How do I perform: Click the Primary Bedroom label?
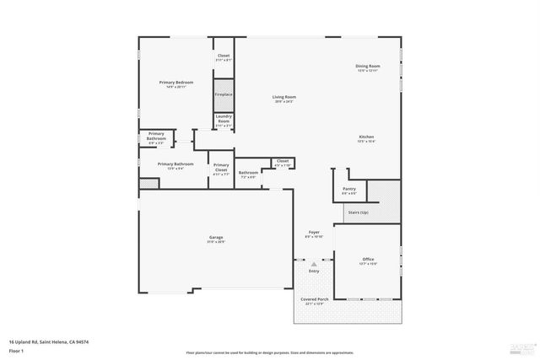coord(176,82)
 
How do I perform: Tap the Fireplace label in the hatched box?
coord(223,95)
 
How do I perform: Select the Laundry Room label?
coord(223,120)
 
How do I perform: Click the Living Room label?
coord(283,97)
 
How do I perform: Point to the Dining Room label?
coord(368,66)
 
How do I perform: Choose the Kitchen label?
coord(366,137)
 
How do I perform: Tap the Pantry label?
coord(348,189)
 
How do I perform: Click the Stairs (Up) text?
coord(358,212)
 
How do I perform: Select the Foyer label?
coord(313,232)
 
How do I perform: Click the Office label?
coord(368,259)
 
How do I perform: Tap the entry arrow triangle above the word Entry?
coord(314,264)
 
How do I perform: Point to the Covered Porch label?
coord(314,299)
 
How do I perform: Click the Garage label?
coord(216,238)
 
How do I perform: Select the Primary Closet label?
coord(220,167)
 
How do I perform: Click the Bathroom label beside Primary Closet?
coord(248,173)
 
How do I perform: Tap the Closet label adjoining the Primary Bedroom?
coord(223,56)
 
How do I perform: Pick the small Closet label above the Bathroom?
coord(282,160)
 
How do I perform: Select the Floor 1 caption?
coord(18,350)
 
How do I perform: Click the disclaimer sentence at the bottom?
coord(269,352)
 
